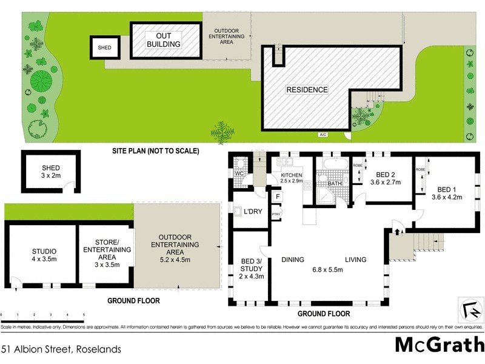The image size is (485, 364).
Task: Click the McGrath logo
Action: [x=439, y=345]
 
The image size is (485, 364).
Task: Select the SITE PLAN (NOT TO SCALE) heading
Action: [x=155, y=150]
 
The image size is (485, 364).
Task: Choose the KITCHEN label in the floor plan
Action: [x=291, y=175]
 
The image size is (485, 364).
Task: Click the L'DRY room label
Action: [x=252, y=212]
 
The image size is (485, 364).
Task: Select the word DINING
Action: [x=293, y=260]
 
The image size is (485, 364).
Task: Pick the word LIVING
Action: [x=356, y=260]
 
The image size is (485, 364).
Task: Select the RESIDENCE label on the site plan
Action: [x=307, y=90]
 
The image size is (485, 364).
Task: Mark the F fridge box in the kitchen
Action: [x=277, y=197]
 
